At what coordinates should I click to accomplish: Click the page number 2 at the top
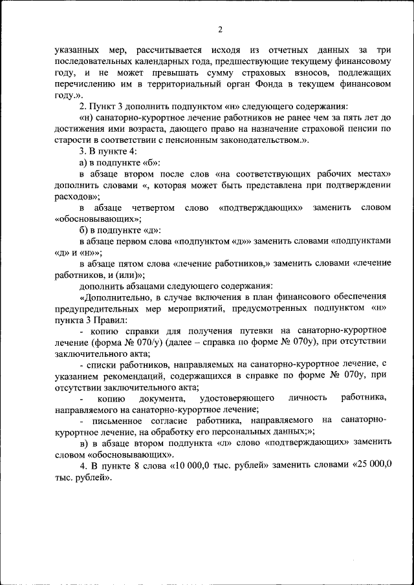point(220,29)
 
